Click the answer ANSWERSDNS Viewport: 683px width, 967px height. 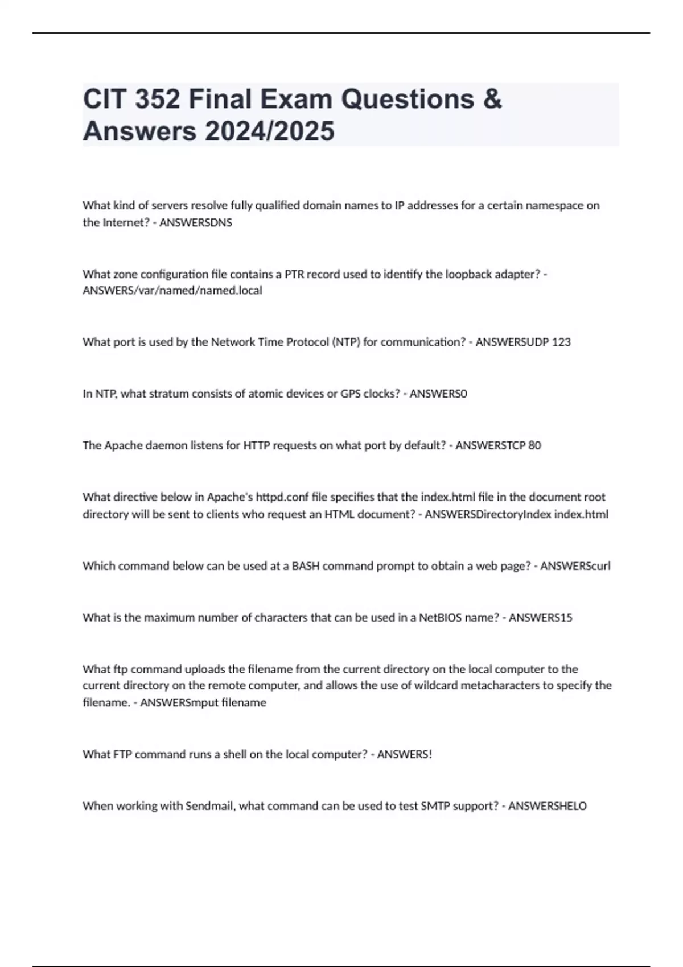tap(196, 223)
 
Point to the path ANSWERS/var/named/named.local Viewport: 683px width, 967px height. tap(172, 291)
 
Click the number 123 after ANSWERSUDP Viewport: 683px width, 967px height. tap(561, 342)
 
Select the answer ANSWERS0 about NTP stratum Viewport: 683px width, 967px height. tap(438, 394)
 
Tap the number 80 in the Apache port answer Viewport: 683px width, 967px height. tap(534, 445)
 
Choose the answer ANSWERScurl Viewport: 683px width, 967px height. tap(575, 566)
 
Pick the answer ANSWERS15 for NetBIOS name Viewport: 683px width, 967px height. tap(540, 618)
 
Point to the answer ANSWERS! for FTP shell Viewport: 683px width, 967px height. tap(405, 755)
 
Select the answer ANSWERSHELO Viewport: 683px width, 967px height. tap(547, 806)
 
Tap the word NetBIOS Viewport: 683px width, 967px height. tap(440, 618)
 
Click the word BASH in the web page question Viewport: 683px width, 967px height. tap(306, 566)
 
